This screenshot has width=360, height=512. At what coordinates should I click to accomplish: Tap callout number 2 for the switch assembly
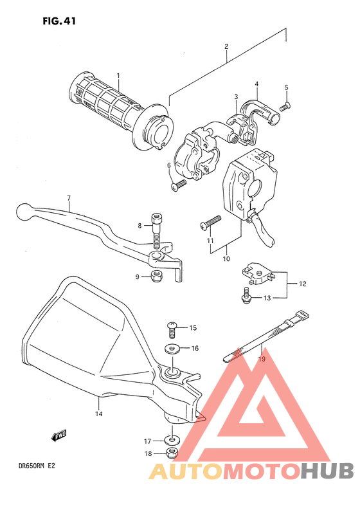[x=226, y=46]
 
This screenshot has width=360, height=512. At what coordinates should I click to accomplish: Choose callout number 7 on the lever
[x=67, y=199]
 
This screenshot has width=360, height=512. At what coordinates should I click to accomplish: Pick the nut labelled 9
[x=155, y=277]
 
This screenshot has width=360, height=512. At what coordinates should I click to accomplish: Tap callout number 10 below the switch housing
[x=226, y=259]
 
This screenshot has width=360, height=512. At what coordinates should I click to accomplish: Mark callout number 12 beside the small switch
[x=303, y=283]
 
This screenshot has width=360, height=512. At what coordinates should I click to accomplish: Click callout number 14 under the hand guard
[x=99, y=414]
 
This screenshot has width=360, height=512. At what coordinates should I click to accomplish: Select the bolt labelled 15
[x=172, y=328]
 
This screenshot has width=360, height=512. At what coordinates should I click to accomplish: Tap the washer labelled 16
[x=172, y=349]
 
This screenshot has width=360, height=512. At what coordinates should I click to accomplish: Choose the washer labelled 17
[x=172, y=441]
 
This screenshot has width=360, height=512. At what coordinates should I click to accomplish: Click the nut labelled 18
[x=172, y=454]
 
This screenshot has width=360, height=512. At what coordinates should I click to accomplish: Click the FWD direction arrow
[x=59, y=437]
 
